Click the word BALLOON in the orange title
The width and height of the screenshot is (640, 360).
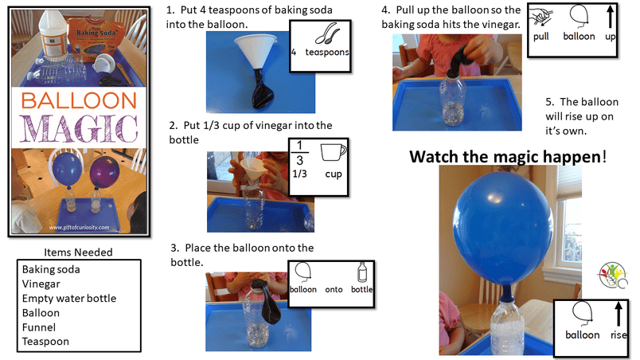[79, 101]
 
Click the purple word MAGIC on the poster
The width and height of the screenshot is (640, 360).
[79, 128]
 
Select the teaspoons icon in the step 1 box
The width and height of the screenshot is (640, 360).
[327, 33]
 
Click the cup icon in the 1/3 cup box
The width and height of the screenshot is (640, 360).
[333, 153]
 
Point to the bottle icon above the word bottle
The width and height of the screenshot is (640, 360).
[362, 272]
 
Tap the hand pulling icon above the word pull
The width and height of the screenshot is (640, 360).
[540, 18]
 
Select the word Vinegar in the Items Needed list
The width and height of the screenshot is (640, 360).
[41, 284]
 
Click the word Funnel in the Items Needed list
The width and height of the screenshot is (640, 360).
[39, 327]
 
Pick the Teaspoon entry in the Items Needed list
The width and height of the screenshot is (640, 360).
[45, 342]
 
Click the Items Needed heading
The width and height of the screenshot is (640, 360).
[78, 252]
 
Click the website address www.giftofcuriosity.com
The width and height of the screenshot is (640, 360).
[79, 227]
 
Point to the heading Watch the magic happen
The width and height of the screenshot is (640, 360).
[508, 157]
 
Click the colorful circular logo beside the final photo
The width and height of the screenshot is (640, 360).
[613, 276]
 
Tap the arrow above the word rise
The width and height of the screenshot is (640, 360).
[619, 314]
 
